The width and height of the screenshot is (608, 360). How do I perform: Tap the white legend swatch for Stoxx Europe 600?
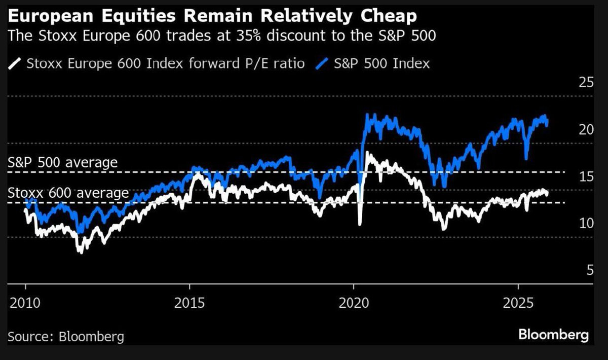tap(16, 64)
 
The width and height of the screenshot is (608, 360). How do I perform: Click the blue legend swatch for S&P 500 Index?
tap(324, 64)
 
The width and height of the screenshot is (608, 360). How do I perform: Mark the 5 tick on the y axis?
tap(589, 270)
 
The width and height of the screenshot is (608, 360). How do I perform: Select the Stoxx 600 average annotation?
tap(68, 193)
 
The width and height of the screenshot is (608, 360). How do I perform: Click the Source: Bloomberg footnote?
tap(66, 336)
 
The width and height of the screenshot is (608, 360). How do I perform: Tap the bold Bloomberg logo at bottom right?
tap(553, 335)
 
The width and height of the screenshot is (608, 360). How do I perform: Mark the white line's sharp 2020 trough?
tap(360, 224)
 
